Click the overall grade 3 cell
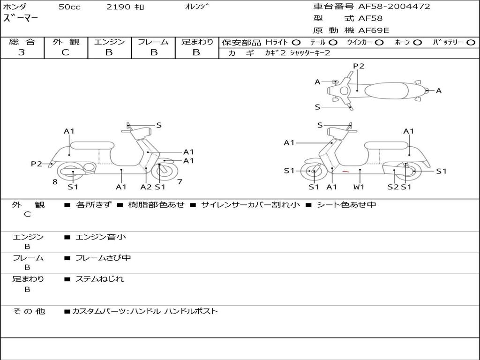[22, 52]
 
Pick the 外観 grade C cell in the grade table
[65, 52]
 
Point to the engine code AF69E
[374, 31]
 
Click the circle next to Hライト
[296, 43]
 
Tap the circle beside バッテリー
[471, 43]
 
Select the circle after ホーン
[418, 43]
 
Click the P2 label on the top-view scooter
[359, 66]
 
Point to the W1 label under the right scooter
[360, 187]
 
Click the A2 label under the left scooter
[146, 187]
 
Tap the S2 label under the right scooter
[393, 187]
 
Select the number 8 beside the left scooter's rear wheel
[55, 181]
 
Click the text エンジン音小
[100, 237]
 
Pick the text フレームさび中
[103, 258]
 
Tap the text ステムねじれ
[99, 279]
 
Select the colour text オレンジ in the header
[196, 7]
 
